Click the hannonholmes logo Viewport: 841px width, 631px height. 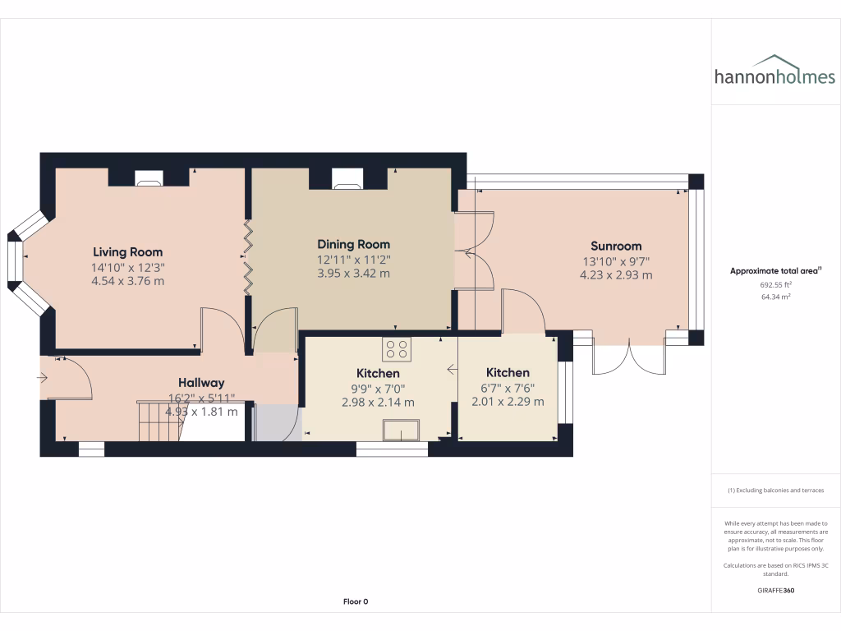click(x=774, y=71)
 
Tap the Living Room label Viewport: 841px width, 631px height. click(x=127, y=252)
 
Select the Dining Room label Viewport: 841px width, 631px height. click(x=353, y=244)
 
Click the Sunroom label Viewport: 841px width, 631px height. click(x=616, y=246)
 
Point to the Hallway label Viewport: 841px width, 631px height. click(x=201, y=383)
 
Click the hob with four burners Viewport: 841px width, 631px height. click(x=398, y=349)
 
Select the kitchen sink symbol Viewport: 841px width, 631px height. click(x=402, y=429)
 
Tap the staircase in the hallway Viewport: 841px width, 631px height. click(x=156, y=420)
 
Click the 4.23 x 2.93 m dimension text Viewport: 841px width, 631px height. click(x=616, y=275)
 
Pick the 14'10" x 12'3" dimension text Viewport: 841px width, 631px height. click(x=127, y=268)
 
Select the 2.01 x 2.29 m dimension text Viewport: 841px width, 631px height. click(x=508, y=402)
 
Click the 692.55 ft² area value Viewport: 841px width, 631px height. click(x=761, y=284)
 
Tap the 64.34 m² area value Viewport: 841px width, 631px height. click(x=761, y=297)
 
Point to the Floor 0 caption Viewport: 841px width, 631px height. click(x=355, y=601)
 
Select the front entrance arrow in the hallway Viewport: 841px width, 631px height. click(x=43, y=378)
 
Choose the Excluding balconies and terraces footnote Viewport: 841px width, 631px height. click(x=774, y=491)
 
